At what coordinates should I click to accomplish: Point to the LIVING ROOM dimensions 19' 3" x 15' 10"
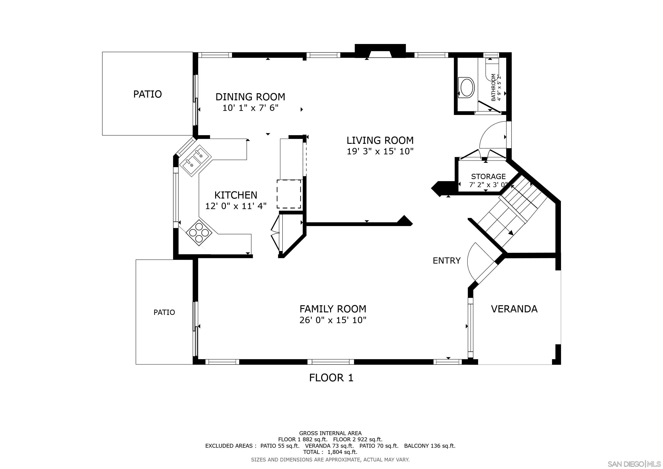[x=380, y=151]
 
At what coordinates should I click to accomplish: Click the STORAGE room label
[x=488, y=177]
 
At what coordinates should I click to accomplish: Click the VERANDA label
[x=514, y=309]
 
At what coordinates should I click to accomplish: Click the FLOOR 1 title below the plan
[x=331, y=378]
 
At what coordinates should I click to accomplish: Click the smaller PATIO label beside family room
[x=164, y=312]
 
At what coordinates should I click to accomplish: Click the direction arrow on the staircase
[x=511, y=233]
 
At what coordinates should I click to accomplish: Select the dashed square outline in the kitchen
[x=289, y=194]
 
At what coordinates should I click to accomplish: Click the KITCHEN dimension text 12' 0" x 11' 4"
[x=236, y=206]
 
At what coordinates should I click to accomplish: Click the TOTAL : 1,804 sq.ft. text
[x=330, y=452]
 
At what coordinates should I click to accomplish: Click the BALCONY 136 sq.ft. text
[x=429, y=446]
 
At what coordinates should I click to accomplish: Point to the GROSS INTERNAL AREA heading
[x=330, y=433]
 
